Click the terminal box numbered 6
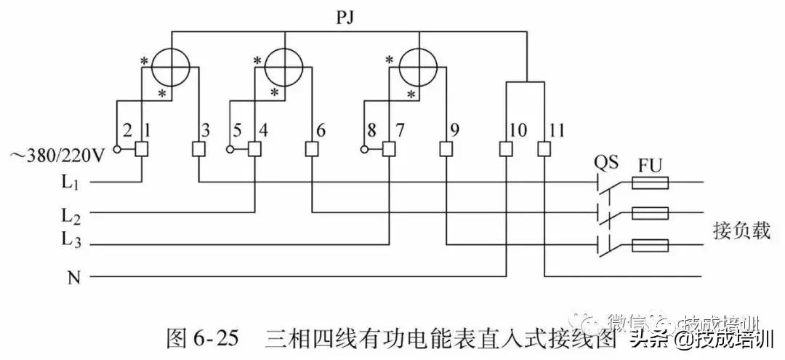(312, 149)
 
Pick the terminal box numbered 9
(446, 149)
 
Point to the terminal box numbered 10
(506, 149)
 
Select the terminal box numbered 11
(544, 149)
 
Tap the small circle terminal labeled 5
(230, 150)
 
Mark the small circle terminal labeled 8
(363, 150)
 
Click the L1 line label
(71, 183)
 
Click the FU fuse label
(649, 163)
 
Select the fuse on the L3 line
(651, 245)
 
